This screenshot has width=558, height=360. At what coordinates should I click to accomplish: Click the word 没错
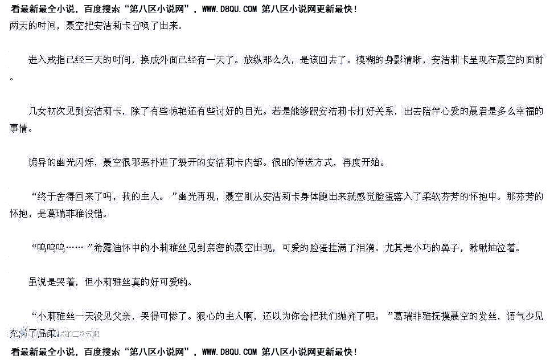[96, 215]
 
